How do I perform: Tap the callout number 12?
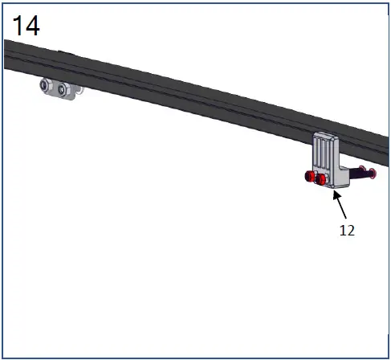point(346,229)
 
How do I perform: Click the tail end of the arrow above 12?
point(345,219)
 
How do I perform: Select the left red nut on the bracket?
point(310,178)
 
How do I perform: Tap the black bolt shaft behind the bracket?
point(357,172)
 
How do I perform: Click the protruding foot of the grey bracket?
point(339,184)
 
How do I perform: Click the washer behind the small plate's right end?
point(77,92)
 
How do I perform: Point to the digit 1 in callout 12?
point(342,229)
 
